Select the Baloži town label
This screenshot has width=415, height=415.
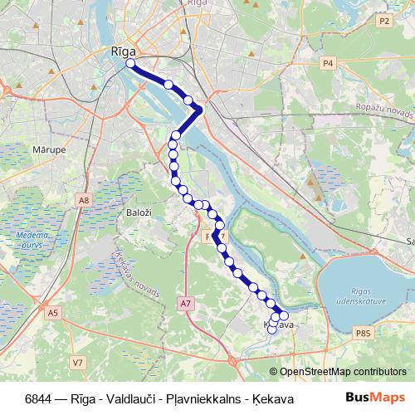click(x=138, y=213)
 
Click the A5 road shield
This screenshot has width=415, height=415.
click(x=53, y=312)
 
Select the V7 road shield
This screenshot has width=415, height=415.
click(x=77, y=362)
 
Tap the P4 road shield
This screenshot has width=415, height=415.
click(x=329, y=62)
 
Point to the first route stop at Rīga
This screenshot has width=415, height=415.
click(x=130, y=63)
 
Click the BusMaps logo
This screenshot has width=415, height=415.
click(x=375, y=398)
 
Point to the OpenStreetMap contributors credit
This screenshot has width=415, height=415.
click(x=343, y=371)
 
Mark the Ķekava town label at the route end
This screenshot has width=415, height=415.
click(x=280, y=325)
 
